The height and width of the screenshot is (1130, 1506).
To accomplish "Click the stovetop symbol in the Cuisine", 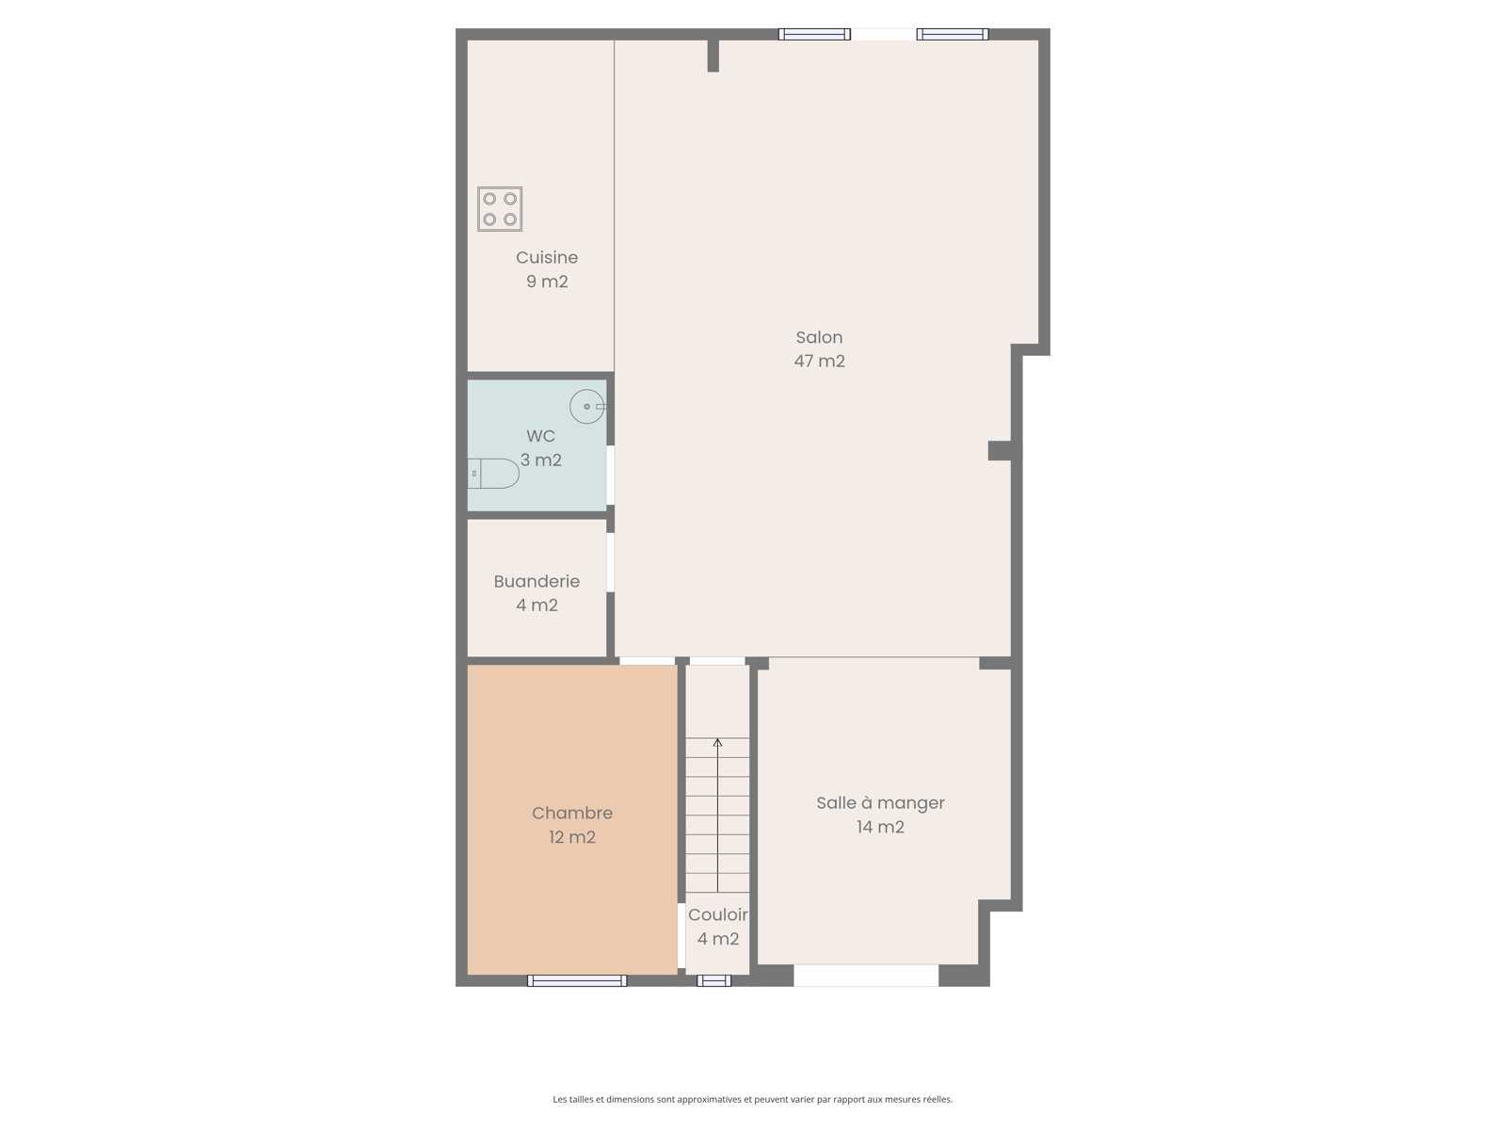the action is [x=500, y=208].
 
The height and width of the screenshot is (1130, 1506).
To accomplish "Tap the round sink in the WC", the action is [x=587, y=406].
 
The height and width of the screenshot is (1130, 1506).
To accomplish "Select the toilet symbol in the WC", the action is [x=492, y=474].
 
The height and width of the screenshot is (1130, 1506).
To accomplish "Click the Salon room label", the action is [x=819, y=337].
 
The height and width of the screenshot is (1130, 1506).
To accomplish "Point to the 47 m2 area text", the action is [x=819, y=361].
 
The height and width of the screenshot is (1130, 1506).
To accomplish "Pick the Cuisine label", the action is [x=547, y=257].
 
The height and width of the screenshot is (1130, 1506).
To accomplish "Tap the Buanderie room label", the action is [x=537, y=581].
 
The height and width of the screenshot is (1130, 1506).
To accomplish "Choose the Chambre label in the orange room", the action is [x=572, y=813].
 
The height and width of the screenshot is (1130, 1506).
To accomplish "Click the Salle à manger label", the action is [x=880, y=803].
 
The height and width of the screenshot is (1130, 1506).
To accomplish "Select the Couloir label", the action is [x=717, y=914].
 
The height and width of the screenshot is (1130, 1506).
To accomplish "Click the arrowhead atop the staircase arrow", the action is [x=717, y=742].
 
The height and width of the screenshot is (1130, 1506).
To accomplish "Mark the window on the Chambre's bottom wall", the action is [x=577, y=980].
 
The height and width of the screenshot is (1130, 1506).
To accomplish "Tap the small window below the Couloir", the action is [x=714, y=980].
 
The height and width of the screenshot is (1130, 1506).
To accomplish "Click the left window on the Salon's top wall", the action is [x=814, y=34].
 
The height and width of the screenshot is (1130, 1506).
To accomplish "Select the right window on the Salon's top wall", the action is [x=953, y=34].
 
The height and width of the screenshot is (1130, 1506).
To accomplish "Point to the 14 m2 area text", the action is [x=880, y=827].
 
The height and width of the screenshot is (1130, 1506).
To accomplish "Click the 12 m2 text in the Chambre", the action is [x=572, y=837].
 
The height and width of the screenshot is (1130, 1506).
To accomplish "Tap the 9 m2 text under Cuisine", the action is [x=547, y=282].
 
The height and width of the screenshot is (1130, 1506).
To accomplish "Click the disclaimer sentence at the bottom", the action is [x=753, y=1099].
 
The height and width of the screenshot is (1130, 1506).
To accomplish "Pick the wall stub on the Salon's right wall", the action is [x=1000, y=451].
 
